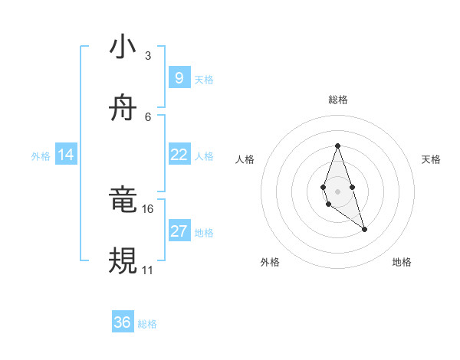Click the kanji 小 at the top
[x=123, y=47]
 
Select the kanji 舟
[x=123, y=109]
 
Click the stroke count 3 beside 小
[x=148, y=55]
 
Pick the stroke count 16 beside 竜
[x=148, y=208]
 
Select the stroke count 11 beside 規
[x=148, y=270]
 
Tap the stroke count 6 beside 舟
[x=148, y=116]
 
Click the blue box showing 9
[x=179, y=77]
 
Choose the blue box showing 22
[x=179, y=155]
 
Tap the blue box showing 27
[x=179, y=231]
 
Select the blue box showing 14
[x=66, y=155]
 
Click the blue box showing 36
[x=123, y=322]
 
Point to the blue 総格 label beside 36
[x=147, y=324]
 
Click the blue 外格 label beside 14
[x=41, y=156]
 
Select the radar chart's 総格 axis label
[x=337, y=100]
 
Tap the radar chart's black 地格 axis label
[x=402, y=262]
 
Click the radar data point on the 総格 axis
[x=337, y=146]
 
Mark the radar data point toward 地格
[x=364, y=229]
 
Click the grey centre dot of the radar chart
[x=337, y=191]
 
